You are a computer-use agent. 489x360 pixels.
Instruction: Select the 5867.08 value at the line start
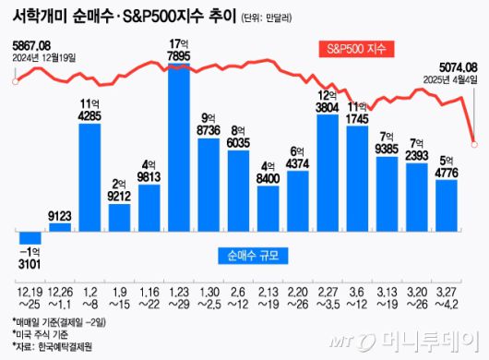click(x=32, y=44)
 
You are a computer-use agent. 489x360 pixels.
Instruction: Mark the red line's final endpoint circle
click(x=474, y=141)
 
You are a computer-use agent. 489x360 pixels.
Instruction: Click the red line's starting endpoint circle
click(x=13, y=81)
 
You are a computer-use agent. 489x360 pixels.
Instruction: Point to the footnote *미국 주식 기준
click(x=42, y=334)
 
